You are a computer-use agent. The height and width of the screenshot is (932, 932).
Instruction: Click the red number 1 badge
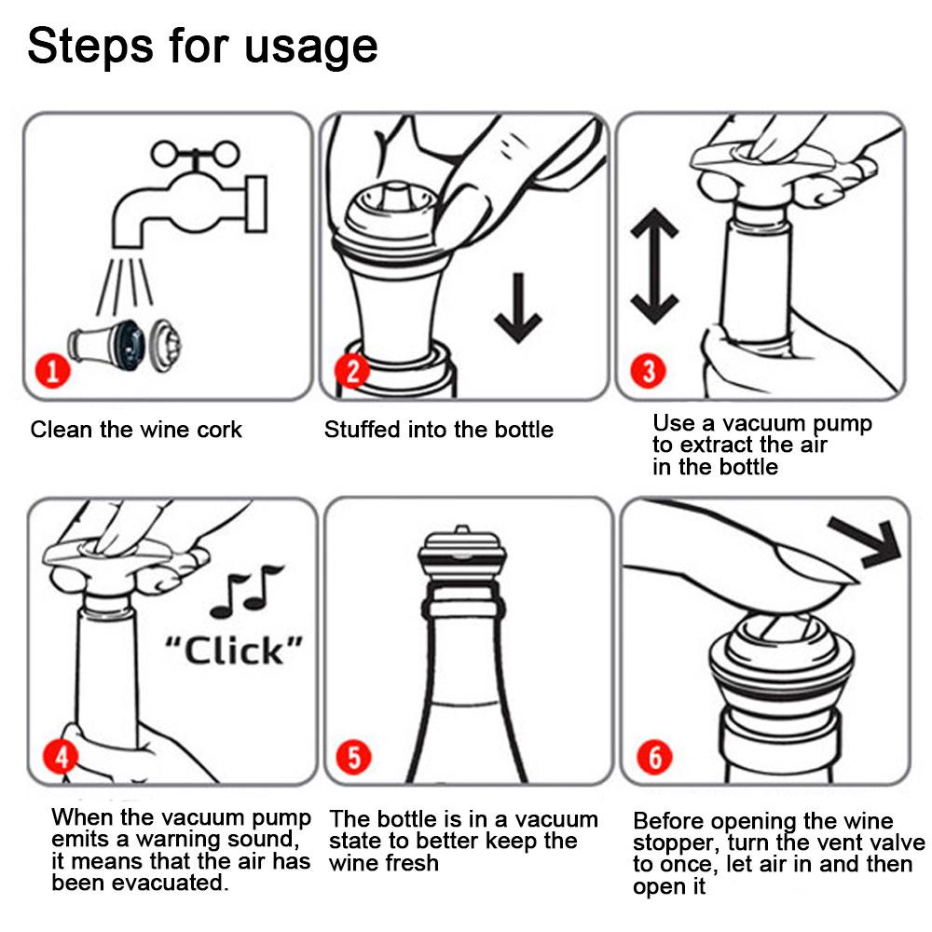(x=53, y=371)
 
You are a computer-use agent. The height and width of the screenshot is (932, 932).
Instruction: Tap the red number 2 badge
(x=352, y=370)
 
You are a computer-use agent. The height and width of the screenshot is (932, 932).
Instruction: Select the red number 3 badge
(x=649, y=371)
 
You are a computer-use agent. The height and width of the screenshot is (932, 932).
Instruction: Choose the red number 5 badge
(x=353, y=757)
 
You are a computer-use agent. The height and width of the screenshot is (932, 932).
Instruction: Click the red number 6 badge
(x=654, y=757)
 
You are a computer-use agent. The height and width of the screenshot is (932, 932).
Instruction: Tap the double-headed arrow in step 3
(x=654, y=267)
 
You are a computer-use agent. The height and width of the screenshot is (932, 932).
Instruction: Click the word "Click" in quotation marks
(x=234, y=651)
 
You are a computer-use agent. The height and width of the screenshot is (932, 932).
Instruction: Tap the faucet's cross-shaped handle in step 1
(x=195, y=155)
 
